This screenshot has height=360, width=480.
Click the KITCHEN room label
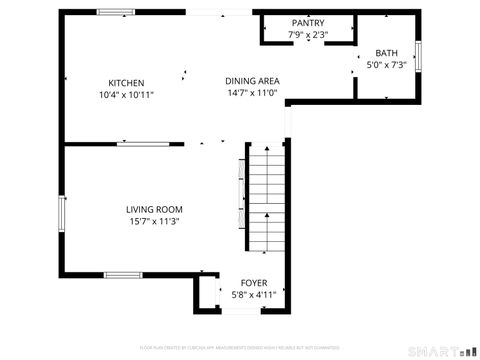coord(127,83)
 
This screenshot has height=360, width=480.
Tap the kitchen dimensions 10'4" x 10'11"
coord(127,94)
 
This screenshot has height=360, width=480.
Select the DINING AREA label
coord(252,81)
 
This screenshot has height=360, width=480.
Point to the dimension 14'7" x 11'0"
coord(252,93)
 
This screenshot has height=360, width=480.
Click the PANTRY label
coord(308,23)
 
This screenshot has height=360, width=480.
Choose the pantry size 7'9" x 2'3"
coord(308,35)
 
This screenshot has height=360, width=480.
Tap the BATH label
coord(386,53)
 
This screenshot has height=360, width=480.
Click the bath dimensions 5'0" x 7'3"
coord(386,65)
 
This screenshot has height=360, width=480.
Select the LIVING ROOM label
coord(154,209)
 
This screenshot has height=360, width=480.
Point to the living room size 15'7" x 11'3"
coord(154,222)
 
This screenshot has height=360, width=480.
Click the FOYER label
coord(254,283)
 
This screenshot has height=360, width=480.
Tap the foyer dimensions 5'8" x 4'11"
coord(254,295)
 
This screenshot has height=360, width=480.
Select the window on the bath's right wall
coord(418,58)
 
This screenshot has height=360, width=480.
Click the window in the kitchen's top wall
coord(116,12)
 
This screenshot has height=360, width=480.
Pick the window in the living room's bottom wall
coord(123,274)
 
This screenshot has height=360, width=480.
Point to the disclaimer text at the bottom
coord(239,347)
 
